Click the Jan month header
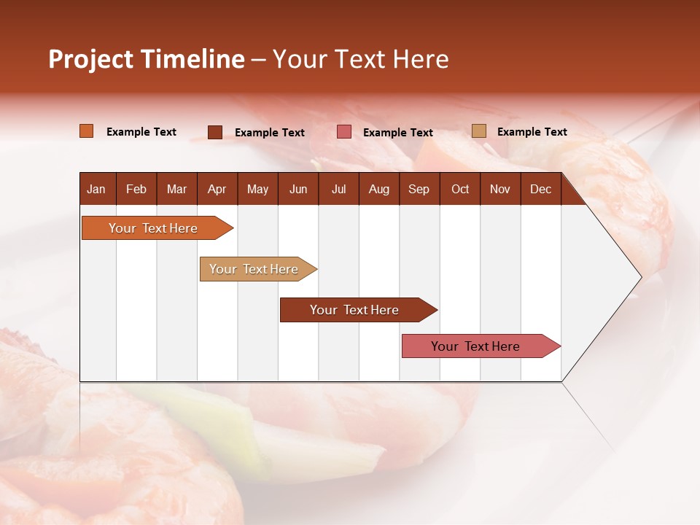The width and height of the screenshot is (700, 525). coord(96,190)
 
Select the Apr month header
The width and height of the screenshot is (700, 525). coord(217,190)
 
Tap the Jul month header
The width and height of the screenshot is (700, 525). coord(338,190)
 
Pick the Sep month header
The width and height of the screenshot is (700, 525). coord(419,190)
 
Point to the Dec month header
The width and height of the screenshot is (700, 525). coord(540,190)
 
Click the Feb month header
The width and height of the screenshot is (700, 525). coord(136,190)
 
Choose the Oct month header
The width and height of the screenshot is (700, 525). coord(460,190)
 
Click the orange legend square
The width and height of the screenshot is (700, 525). coord(87,131)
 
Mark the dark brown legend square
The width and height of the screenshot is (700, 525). coord(215,132)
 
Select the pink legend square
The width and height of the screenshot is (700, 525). coord(344,132)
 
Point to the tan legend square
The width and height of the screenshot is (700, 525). coord(479,131)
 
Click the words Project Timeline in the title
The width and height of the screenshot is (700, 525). coord(147,59)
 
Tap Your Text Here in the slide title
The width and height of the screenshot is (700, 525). coord(360,59)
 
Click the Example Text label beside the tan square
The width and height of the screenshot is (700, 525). coord(532,132)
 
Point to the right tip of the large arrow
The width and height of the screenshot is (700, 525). coord(639,277)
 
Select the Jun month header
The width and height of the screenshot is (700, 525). coord(298,190)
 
